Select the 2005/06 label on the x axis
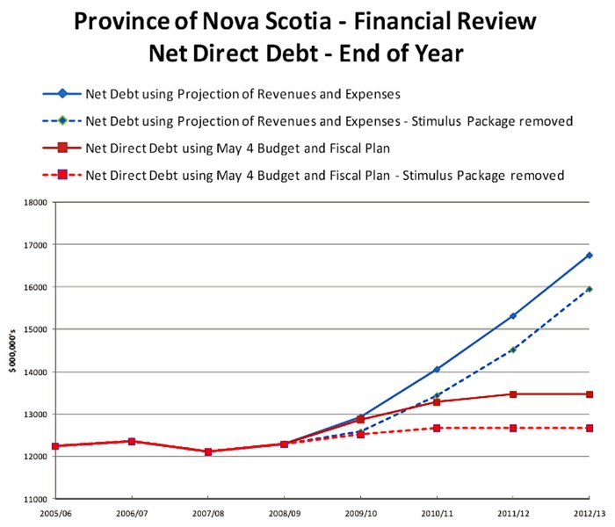(55, 510)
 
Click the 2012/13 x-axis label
(589, 510)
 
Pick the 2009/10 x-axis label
(360, 510)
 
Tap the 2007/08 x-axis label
(208, 510)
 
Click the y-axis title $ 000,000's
(12, 351)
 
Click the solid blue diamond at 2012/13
(589, 256)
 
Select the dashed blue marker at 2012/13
(589, 288)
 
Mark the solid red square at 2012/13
(589, 394)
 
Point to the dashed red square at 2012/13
(589, 428)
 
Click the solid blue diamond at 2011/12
(513, 315)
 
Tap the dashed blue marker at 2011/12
(513, 350)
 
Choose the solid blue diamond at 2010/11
(437, 370)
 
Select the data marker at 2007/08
(208, 451)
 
